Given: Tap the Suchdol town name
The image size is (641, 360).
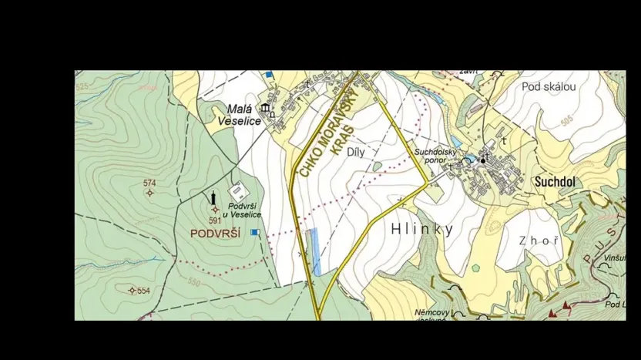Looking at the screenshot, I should (555, 182).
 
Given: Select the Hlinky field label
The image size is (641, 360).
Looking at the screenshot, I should (421, 229).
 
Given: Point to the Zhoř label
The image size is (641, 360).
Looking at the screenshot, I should (539, 241).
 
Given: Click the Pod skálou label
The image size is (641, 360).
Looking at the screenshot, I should (549, 86).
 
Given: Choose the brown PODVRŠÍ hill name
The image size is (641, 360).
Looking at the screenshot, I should (216, 233).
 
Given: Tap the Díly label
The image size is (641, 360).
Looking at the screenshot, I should (355, 153).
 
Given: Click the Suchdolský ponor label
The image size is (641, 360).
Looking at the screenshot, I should (436, 156).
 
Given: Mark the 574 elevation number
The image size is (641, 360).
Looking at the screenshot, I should (149, 183).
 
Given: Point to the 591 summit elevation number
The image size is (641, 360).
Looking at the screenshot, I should (214, 220).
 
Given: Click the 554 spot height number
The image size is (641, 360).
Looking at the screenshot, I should (143, 291).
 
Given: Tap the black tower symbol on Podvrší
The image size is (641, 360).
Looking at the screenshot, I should (214, 199).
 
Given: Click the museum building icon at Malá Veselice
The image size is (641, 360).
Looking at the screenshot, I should (266, 107).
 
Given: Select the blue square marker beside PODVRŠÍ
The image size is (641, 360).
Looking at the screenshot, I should (255, 232).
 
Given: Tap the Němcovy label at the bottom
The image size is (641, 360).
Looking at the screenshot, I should (432, 313).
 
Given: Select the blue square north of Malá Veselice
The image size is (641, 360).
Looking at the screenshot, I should (269, 75).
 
